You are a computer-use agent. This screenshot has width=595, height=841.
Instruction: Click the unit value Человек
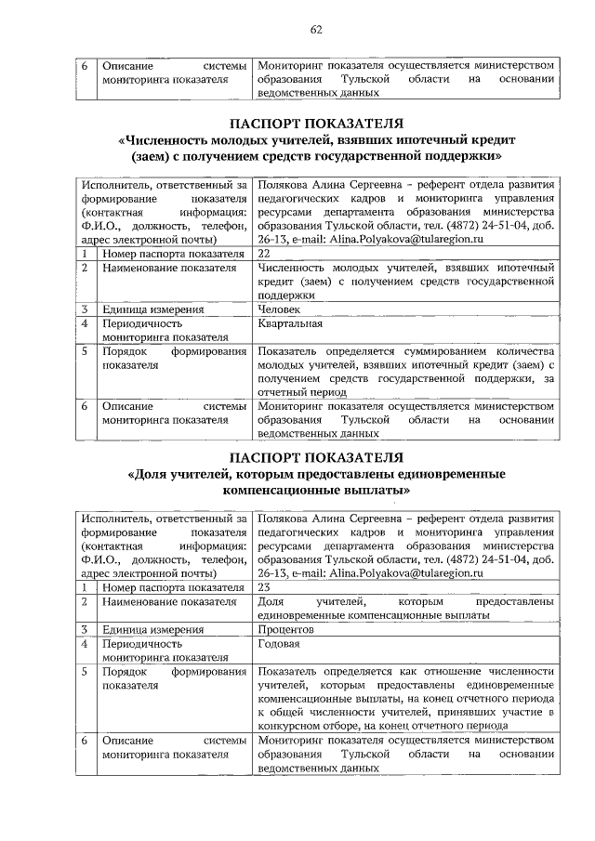coord(279,309)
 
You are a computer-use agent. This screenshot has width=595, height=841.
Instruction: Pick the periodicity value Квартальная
coord(290,323)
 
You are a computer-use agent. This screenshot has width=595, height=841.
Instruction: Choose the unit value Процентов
coord(286,629)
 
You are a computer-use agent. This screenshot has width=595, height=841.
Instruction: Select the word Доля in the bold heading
coord(157,473)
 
